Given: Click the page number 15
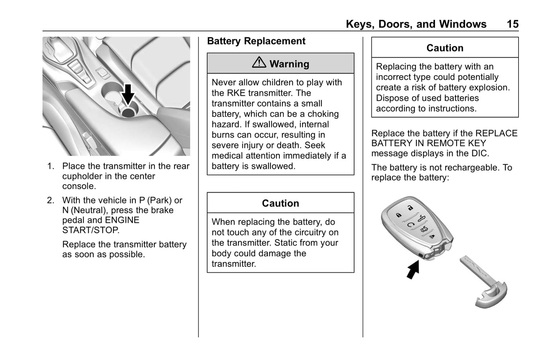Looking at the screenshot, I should pos(512,24).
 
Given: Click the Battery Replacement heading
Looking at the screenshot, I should pos(256,41).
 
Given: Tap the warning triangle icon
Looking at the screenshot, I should pos(258,63).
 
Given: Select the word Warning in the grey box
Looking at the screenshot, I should pos(289,64).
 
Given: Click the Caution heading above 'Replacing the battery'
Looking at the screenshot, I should pos(445,48).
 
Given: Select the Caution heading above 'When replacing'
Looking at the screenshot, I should pos(280,203).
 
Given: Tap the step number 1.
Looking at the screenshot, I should pos(50,166).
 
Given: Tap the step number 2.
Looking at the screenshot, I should pos(50,201).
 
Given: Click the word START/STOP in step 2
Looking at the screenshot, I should pos(91,231).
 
